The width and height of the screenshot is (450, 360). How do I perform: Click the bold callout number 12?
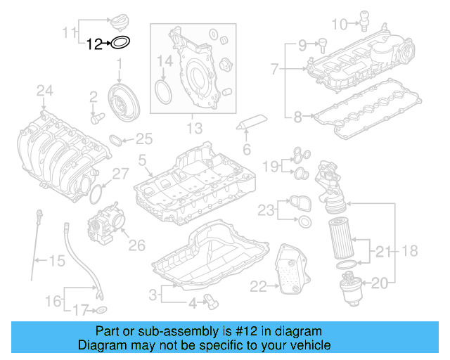click(x=94, y=44)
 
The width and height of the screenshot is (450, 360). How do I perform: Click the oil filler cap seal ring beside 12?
click(x=121, y=44)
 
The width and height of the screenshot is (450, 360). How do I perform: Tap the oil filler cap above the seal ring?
click(x=121, y=18)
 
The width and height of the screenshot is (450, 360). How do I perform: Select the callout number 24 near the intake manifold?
click(x=45, y=90)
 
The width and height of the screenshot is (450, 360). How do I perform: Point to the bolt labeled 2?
click(x=97, y=118)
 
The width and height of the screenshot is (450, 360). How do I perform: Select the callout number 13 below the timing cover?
click(x=194, y=128)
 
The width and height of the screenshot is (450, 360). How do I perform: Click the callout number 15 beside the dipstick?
click(x=56, y=261)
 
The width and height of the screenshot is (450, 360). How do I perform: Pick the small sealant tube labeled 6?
click(x=252, y=122)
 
